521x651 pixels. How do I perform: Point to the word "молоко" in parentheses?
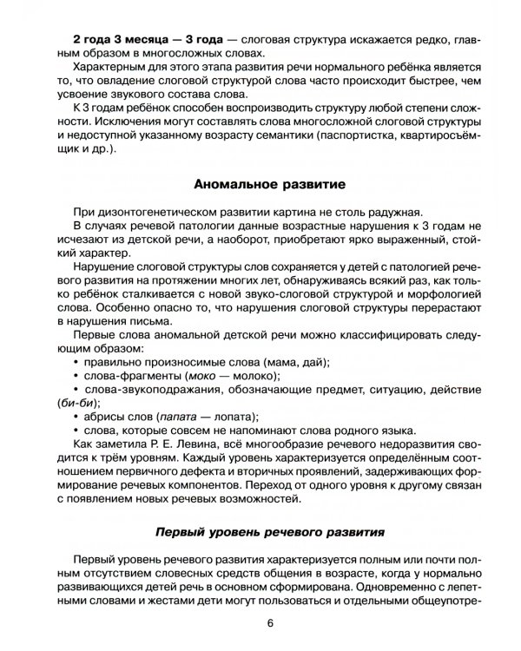point(253,350)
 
